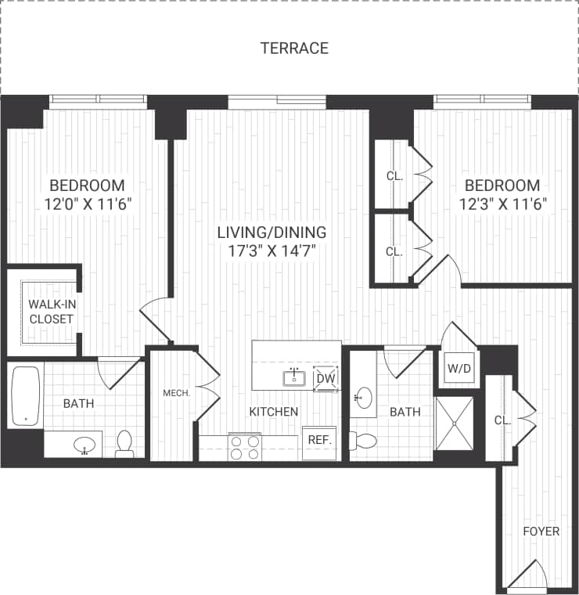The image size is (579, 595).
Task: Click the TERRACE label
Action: (294, 49)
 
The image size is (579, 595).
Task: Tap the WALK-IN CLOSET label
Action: (51, 311)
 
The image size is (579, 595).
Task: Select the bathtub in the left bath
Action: (26, 396)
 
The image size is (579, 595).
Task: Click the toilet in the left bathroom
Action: (124, 443)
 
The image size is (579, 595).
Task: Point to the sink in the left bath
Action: (87, 445)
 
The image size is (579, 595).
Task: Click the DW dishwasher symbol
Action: (325, 379)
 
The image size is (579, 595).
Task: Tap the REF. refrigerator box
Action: (319, 440)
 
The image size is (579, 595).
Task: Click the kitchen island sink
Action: (295, 379)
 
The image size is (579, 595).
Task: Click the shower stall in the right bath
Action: (454, 424)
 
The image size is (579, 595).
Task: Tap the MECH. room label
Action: (177, 393)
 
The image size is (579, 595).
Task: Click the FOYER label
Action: (541, 532)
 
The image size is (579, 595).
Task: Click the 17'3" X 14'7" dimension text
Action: (272, 251)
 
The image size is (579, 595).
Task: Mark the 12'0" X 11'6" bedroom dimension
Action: (87, 204)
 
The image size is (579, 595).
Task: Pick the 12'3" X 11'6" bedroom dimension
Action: (502, 204)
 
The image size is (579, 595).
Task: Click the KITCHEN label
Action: (274, 411)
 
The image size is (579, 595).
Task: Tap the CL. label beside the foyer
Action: (502, 420)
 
